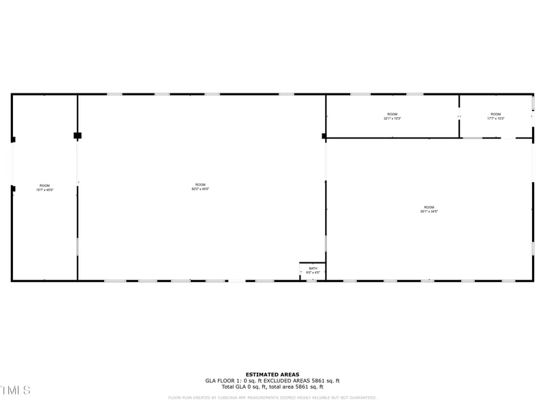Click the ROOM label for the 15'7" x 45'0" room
[44, 185]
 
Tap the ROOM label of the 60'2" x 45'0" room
[200, 185]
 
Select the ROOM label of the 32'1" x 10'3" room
[392, 114]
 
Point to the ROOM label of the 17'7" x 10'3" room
[495, 114]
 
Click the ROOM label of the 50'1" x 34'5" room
[429, 207]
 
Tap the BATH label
[313, 268]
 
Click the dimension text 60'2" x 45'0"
[200, 189]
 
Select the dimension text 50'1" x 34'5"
[429, 211]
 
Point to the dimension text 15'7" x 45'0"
[44, 190]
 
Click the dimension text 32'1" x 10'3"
[392, 119]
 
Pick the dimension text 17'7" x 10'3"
[495, 119]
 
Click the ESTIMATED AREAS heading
[272, 374]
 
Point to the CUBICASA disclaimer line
[272, 397]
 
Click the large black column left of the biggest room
[78, 136]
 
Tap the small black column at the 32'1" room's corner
[324, 136]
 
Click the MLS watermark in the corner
[15, 390]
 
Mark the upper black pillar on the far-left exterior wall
[13, 140]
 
